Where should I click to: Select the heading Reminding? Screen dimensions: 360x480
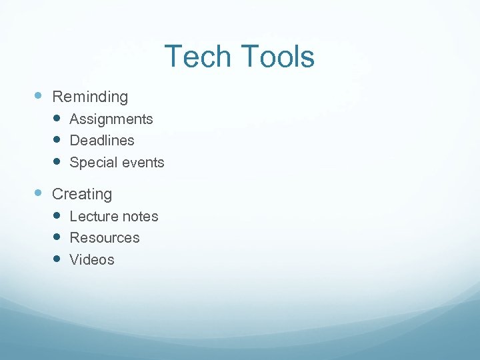click(90, 97)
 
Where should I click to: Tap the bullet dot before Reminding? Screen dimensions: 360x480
click(39, 95)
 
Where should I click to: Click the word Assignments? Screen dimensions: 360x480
click(111, 119)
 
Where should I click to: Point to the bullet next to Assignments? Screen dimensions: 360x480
click(57, 118)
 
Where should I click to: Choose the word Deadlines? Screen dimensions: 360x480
click(102, 141)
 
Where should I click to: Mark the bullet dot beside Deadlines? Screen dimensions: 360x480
click(57, 139)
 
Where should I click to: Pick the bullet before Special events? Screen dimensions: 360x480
click(57, 161)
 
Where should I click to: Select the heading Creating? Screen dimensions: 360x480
click(82, 194)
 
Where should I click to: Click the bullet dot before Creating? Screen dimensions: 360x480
click(39, 193)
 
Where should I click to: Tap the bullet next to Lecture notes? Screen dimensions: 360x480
click(57, 215)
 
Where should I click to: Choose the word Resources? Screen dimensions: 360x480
click(105, 238)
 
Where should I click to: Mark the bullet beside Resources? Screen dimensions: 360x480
click(57, 237)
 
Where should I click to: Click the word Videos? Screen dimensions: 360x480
click(92, 260)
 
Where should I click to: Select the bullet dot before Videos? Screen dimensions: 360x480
click(57, 259)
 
